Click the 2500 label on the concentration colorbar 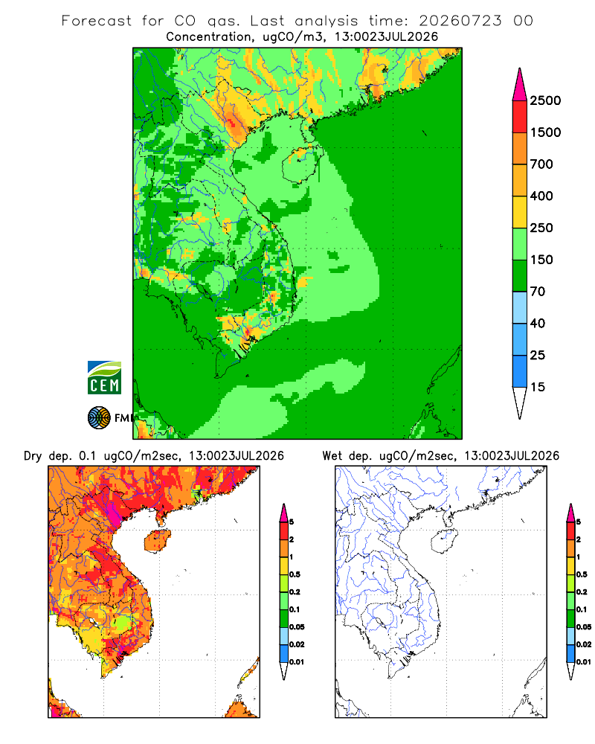[x=545, y=100]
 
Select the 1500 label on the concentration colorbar [x=545, y=132]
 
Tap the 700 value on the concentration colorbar [x=541, y=164]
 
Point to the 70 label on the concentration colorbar [x=538, y=292]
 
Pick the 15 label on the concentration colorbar [x=538, y=387]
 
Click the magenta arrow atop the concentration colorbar [x=520, y=85]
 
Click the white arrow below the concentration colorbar [x=520, y=403]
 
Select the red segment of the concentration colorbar [x=520, y=117]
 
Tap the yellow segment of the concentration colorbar [x=520, y=212]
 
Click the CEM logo [x=104, y=378]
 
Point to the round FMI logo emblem [x=99, y=417]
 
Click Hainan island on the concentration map [x=300, y=164]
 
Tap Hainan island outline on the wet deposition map [x=444, y=542]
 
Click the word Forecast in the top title [x=97, y=21]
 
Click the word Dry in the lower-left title [x=33, y=456]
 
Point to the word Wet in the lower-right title [x=332, y=456]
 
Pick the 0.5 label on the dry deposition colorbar [x=295, y=574]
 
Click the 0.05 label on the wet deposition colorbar [x=584, y=626]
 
